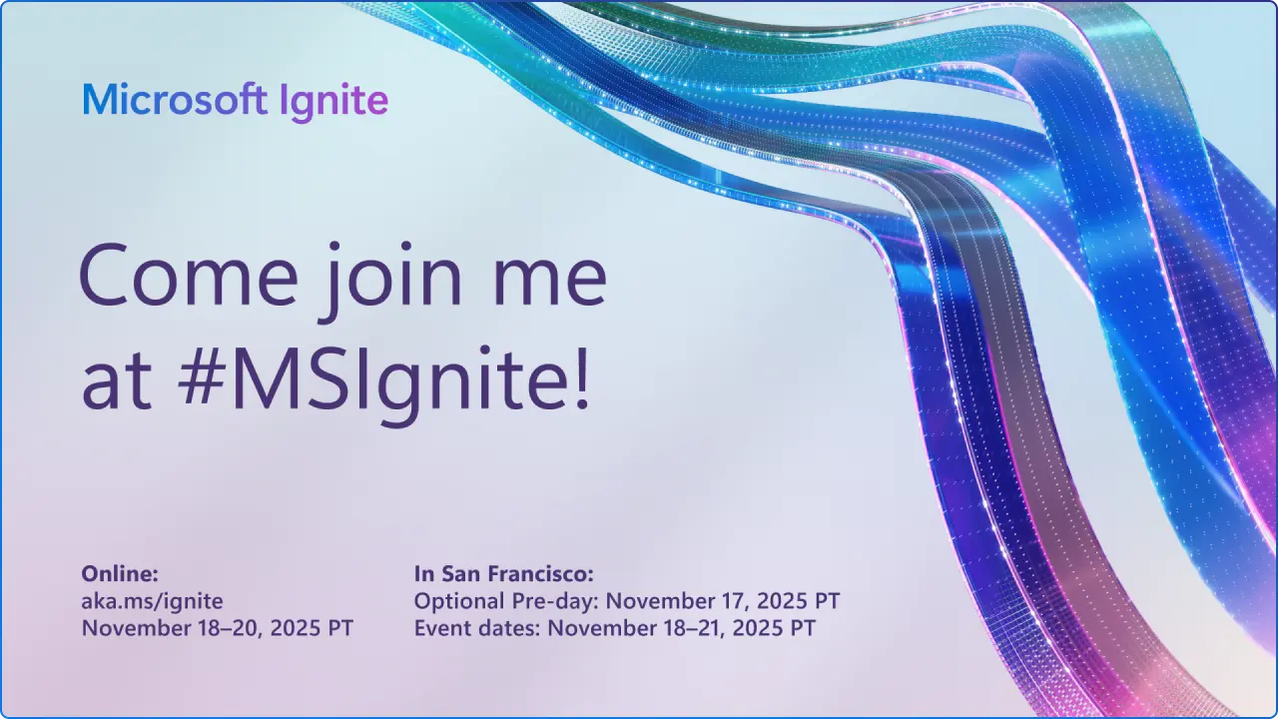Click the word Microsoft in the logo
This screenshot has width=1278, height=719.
(175, 101)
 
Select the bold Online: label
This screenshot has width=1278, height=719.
(120, 573)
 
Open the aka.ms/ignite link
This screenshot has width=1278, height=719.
(152, 600)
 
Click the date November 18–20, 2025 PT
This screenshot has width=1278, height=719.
(217, 628)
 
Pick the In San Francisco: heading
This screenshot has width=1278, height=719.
(504, 573)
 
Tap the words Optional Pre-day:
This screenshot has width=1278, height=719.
(507, 601)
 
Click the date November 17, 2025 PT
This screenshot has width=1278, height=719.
(724, 601)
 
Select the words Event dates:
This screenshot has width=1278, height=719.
(478, 628)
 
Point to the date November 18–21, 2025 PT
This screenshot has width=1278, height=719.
(682, 628)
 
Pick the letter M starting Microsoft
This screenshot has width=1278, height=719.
(96, 101)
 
